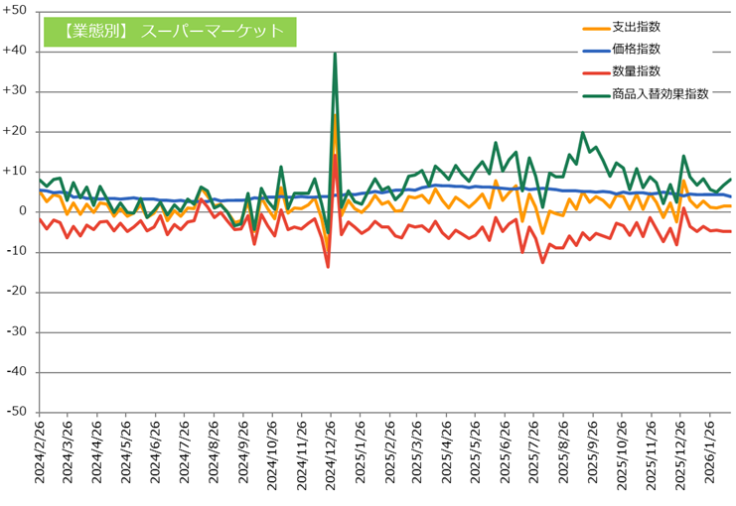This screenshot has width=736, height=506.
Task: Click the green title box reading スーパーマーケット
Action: tap(170, 31)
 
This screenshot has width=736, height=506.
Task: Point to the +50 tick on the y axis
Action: tap(18, 11)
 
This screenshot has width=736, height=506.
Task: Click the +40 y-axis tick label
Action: tap(18, 51)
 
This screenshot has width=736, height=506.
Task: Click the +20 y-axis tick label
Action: tap(18, 131)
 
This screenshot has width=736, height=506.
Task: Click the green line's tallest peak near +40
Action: tap(335, 54)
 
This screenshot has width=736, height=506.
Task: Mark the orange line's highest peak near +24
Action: tap(335, 116)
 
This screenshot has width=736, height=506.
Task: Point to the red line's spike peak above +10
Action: tap(335, 155)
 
